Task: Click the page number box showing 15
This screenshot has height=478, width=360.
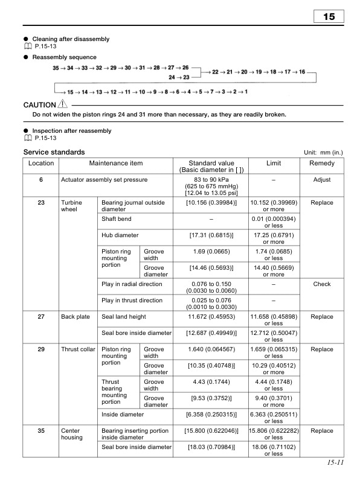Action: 329,16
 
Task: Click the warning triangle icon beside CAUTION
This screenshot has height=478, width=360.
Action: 63,104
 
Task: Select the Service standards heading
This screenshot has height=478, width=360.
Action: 54,152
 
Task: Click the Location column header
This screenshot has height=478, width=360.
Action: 41,164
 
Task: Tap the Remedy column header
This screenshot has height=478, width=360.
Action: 321,164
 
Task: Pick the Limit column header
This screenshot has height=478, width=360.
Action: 274,164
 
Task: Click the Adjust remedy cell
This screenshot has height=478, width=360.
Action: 321,180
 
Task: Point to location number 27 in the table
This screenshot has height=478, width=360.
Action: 41,316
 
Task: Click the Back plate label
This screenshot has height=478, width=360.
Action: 74,316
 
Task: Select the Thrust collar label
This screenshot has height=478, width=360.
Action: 78,349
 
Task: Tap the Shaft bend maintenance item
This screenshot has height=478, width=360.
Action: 117,219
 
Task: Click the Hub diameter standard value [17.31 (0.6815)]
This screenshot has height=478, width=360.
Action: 211,235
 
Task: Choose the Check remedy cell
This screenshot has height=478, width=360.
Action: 321,284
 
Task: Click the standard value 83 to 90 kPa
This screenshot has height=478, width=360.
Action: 211,180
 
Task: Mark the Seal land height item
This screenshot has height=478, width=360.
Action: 124,316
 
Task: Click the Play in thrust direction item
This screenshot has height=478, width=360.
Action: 132,300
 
